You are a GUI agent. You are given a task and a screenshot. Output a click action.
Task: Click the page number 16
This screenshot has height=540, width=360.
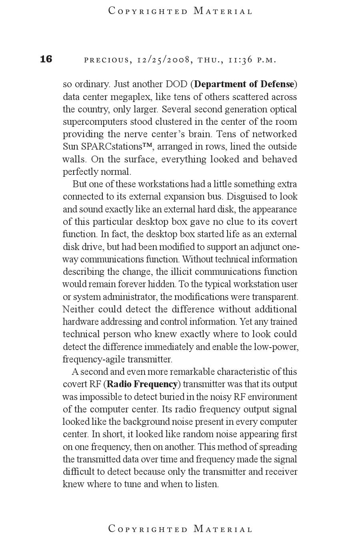pyautogui.click(x=46, y=59)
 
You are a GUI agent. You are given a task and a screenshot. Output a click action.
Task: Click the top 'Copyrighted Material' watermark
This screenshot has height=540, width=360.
pyautogui.click(x=180, y=11)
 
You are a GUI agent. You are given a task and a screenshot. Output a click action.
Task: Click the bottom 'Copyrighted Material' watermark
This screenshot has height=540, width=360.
pyautogui.click(x=180, y=529)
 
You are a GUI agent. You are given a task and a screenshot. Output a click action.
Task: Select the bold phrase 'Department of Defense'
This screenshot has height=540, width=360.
pyautogui.click(x=244, y=84)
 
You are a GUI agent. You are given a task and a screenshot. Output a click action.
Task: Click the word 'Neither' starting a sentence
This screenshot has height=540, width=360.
pyautogui.click(x=78, y=309)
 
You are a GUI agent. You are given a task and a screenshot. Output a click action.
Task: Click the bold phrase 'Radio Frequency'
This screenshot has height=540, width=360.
pyautogui.click(x=142, y=384)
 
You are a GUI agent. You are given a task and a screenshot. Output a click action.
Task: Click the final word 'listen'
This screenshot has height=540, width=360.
pyautogui.click(x=206, y=484)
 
